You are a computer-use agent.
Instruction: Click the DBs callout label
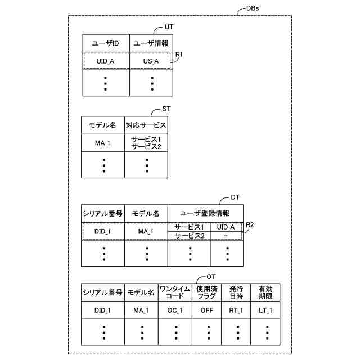tap(253, 9)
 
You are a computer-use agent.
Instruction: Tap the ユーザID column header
tap(106, 43)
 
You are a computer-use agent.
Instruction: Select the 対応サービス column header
tap(146, 125)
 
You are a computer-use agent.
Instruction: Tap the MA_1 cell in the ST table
tap(103, 143)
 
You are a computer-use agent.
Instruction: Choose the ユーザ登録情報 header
tap(205, 214)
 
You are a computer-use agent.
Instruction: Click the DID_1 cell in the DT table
tap(103, 231)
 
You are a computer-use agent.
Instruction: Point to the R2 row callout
tap(251, 225)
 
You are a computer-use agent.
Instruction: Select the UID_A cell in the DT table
tap(226, 227)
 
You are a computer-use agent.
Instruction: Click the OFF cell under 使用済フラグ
tap(206, 310)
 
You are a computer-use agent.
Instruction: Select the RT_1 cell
tap(236, 310)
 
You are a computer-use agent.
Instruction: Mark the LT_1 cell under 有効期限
tap(265, 310)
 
